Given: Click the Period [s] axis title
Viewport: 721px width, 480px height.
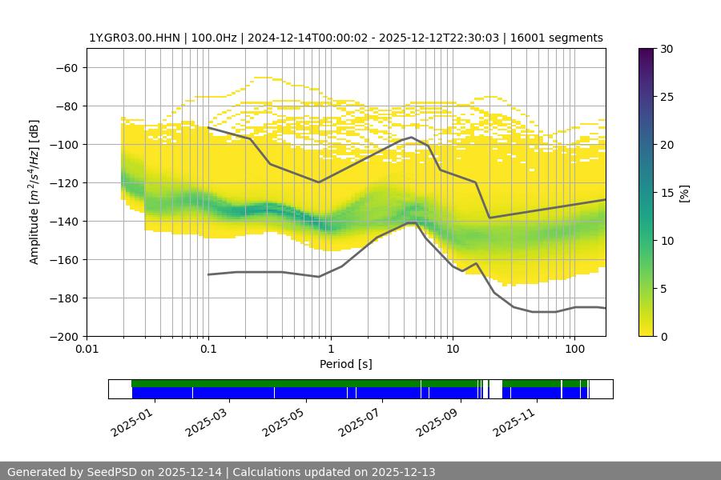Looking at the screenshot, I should coord(346,365).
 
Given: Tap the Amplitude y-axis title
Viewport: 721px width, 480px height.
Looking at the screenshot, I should coord(34,193).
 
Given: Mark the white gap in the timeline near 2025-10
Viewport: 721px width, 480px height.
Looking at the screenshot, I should coord(495,389).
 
